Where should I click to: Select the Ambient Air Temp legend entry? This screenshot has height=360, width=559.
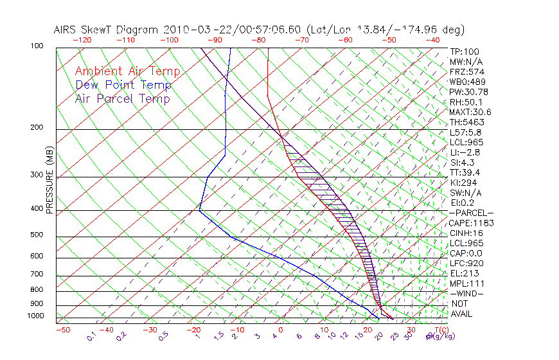128,71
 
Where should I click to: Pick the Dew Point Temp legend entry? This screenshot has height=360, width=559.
123,85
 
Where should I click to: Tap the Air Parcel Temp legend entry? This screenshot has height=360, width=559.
123,98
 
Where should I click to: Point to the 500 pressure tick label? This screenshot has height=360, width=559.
38,235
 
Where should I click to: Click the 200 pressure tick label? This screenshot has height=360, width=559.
38,128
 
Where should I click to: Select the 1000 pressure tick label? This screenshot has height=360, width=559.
36,316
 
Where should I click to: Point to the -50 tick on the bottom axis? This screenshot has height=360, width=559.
62,330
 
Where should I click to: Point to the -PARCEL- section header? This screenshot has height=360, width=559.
472,213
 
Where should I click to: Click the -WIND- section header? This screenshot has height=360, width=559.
467,293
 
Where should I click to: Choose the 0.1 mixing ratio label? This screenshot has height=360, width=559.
91,336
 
